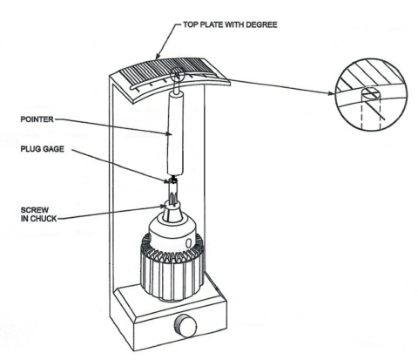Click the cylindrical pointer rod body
coord(173,132)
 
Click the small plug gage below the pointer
coord(173,182)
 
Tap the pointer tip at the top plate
coord(175,79)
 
